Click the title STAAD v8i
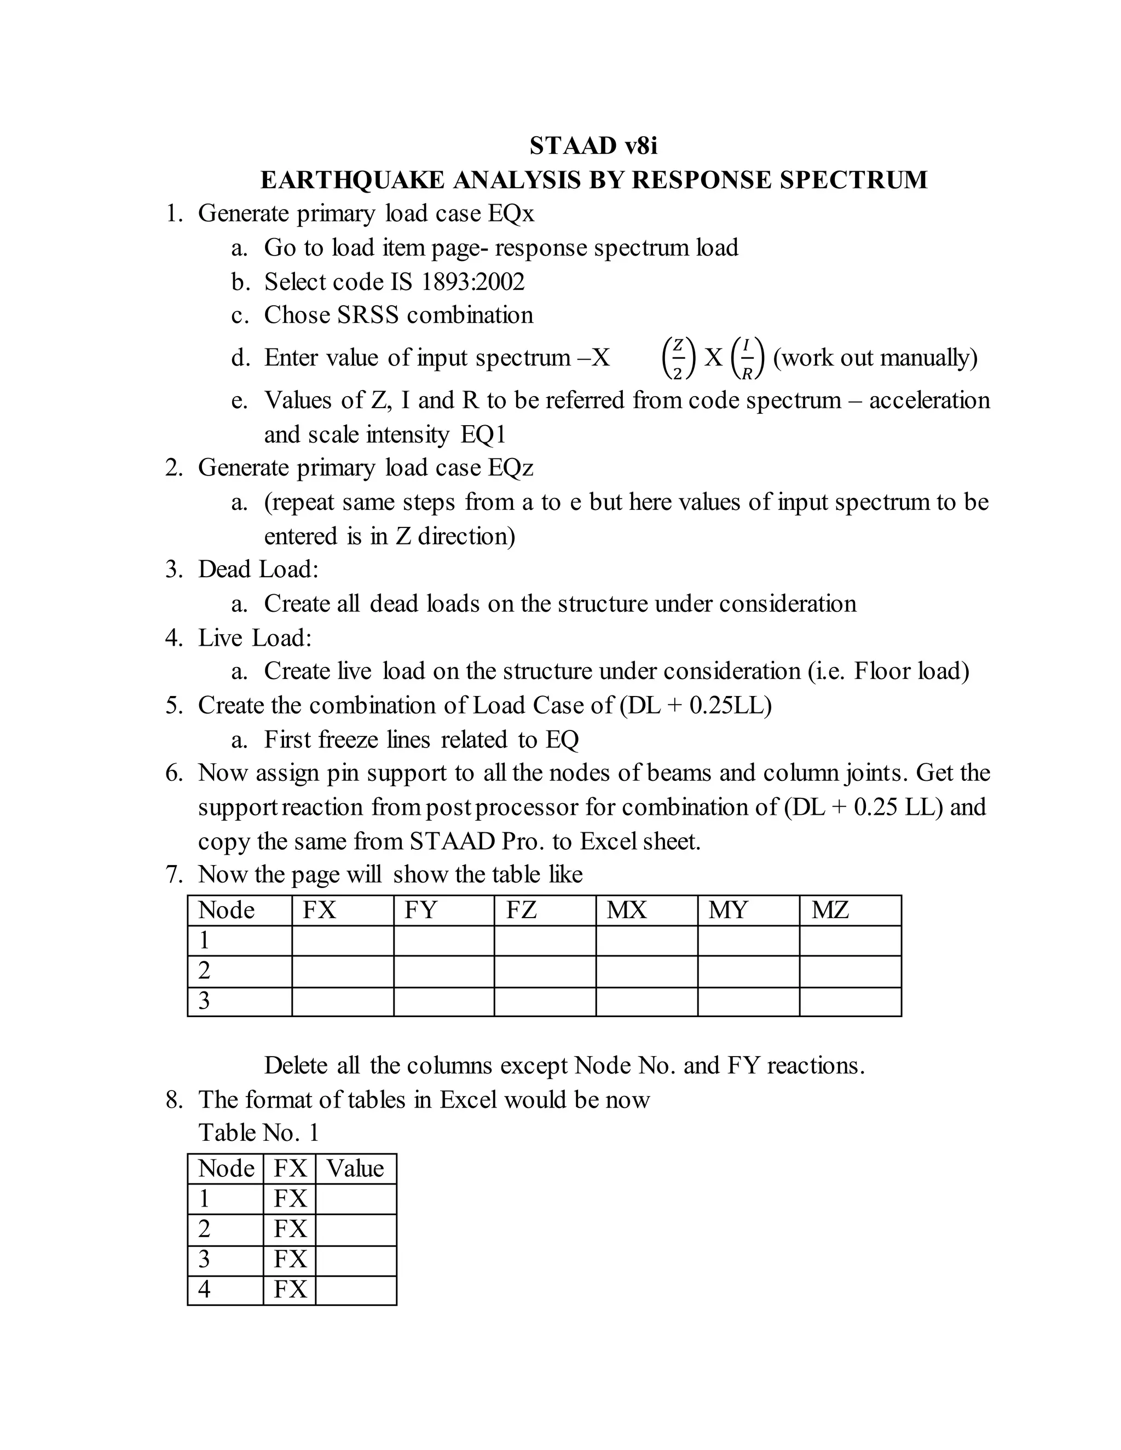[x=593, y=146]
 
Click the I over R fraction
[x=747, y=358]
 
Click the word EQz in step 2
[x=510, y=468]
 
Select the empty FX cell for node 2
[x=343, y=971]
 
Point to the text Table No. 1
[x=258, y=1133]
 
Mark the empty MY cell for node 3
[x=748, y=1001]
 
